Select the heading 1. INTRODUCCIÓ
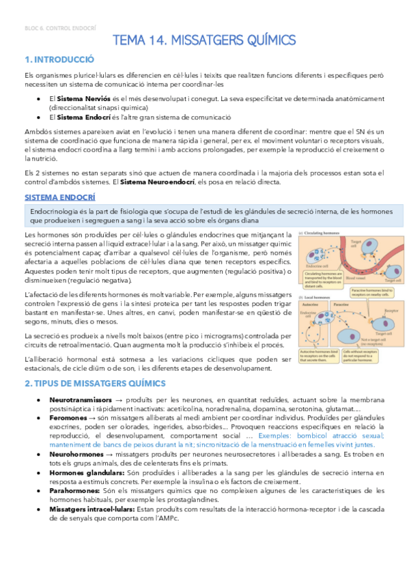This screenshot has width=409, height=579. (59, 59)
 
